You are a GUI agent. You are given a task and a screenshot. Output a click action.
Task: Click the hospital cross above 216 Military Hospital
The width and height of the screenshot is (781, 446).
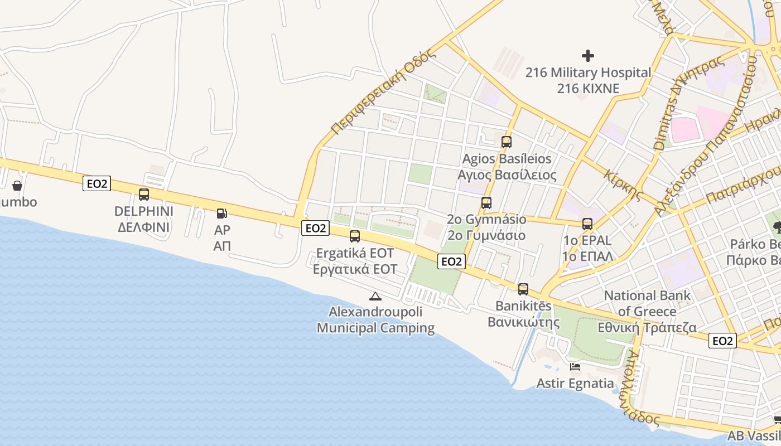point(588,56)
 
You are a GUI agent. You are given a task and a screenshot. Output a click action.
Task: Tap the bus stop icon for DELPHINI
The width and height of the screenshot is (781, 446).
point(144,195)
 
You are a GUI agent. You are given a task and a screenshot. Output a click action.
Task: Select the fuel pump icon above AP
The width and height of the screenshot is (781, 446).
point(221,213)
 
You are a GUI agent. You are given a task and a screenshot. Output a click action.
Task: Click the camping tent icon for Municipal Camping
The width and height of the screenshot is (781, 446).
point(375,295)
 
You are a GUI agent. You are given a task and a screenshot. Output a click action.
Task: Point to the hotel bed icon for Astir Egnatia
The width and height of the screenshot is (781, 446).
point(575,367)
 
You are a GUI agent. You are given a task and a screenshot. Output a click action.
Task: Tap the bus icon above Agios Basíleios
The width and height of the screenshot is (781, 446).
point(507,142)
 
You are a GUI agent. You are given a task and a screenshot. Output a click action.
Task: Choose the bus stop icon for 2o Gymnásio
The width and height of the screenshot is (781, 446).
point(486,203)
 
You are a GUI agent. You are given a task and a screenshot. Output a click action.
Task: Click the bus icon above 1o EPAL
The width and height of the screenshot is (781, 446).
point(587,224)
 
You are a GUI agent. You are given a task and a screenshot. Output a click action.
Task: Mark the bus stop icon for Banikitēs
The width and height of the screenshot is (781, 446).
point(523,289)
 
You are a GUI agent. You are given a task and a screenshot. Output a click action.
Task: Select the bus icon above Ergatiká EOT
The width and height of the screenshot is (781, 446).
point(355,236)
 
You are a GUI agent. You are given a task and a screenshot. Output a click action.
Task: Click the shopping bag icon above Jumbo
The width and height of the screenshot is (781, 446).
point(17,185)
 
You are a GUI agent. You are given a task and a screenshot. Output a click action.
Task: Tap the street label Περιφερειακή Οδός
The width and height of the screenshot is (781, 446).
point(382,93)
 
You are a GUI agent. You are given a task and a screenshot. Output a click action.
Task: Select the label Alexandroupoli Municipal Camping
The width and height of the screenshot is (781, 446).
point(375,320)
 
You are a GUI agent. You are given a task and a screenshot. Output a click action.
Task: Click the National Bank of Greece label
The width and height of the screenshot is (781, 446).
point(647,303)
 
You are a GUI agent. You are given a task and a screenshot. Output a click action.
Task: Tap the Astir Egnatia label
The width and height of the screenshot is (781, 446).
point(575,384)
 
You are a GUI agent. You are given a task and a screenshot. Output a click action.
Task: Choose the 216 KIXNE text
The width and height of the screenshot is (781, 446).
point(588,88)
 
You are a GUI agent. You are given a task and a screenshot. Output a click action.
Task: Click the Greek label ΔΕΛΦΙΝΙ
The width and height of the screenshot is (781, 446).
point(144,227)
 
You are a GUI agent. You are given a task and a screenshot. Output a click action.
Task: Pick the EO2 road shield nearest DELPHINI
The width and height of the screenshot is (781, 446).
point(97,183)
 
